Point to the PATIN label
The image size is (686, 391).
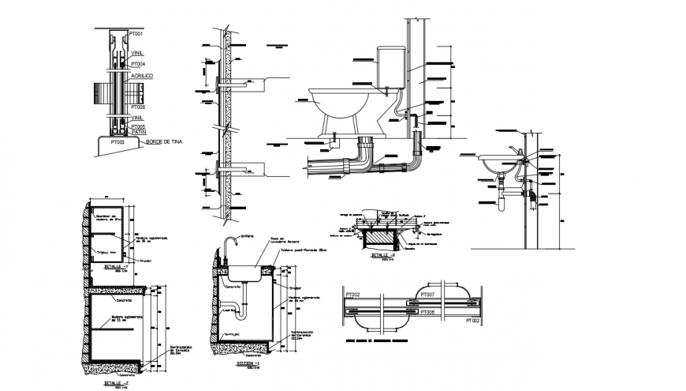tap(138, 132)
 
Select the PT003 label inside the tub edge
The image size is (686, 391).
tap(118, 141)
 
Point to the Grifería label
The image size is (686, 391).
tap(251, 235)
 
